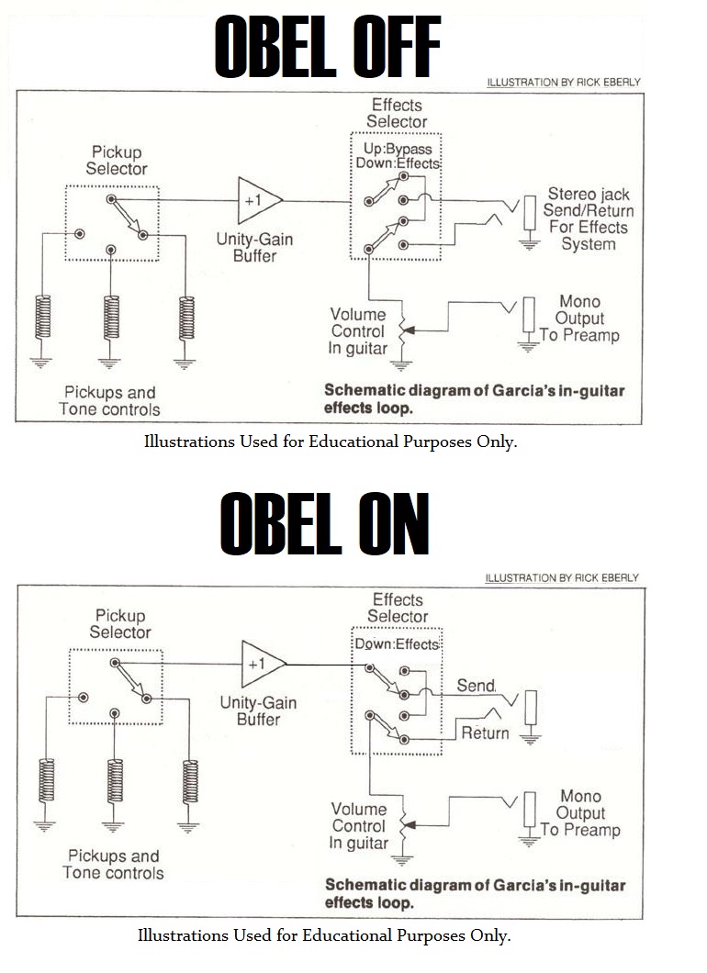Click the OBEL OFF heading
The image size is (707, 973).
point(328,47)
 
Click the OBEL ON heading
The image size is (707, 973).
point(325,524)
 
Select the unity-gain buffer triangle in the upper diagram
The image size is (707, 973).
point(256,199)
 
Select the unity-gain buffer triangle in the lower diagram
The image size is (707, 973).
point(260,663)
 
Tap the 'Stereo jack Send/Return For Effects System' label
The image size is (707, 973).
point(588,218)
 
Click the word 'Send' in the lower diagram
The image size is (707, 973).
point(476,686)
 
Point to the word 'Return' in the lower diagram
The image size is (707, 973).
point(484,733)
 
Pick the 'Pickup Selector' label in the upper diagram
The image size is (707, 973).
point(117,160)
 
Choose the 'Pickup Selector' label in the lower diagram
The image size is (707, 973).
point(120,623)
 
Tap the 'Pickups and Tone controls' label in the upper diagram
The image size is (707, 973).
point(109,401)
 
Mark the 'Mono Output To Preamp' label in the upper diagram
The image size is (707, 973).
point(579,319)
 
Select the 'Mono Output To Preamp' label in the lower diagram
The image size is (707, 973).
point(580,813)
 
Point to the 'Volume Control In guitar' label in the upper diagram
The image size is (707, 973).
point(357,331)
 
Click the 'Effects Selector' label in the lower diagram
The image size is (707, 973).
point(398,608)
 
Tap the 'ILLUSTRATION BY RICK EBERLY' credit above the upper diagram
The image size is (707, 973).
point(563,83)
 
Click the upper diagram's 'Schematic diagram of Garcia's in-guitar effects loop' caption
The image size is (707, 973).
point(474,398)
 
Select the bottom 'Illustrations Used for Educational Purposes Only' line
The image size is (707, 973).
point(323,936)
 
